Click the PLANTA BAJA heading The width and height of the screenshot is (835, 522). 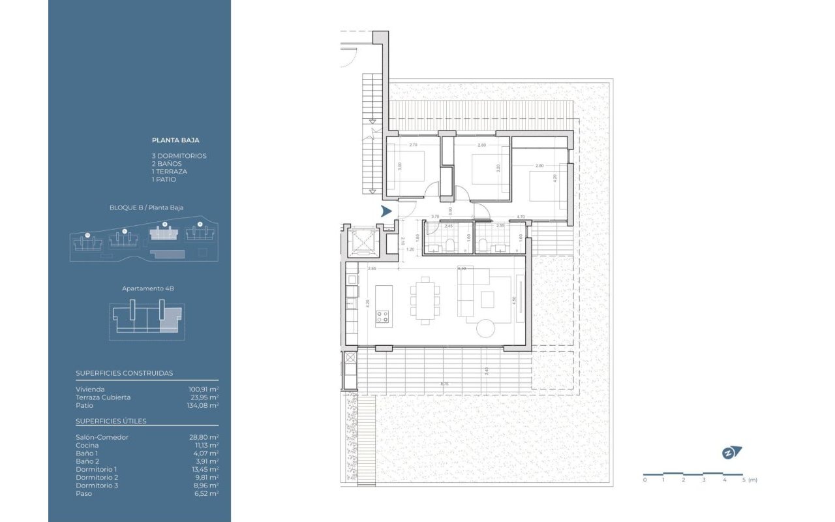coord(175,140)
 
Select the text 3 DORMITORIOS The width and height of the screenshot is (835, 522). coord(179,156)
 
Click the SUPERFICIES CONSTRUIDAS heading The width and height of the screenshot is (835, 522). coord(124,373)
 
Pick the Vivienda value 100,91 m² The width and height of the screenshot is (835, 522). coord(203,389)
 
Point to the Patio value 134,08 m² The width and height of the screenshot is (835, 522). coord(202,405)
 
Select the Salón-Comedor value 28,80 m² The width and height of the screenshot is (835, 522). coord(204,437)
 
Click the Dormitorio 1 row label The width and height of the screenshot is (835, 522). coord(96,469)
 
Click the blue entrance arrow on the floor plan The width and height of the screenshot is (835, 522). coord(386,211)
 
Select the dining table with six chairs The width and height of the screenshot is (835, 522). coord(425,300)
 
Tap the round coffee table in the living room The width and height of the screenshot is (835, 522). coord(487,328)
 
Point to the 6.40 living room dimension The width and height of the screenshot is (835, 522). coord(462,268)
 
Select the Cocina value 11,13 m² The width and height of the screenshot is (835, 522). coord(205,445)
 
